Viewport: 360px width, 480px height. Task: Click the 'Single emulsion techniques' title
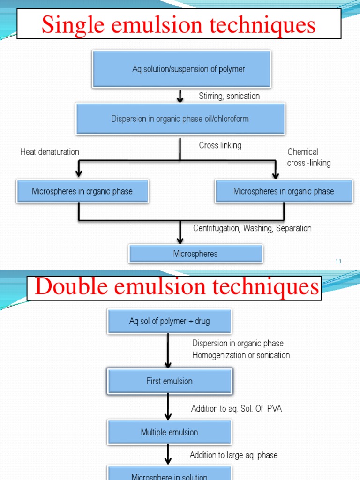pyautogui.click(x=179, y=24)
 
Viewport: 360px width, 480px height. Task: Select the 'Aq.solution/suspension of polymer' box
pyautogui.click(x=182, y=69)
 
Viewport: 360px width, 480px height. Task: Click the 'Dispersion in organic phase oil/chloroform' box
pyautogui.click(x=180, y=119)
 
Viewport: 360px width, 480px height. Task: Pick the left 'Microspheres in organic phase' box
pyautogui.click(x=82, y=191)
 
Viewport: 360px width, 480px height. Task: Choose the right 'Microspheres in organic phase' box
pyautogui.click(x=284, y=191)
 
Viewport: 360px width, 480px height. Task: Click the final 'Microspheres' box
pyautogui.click(x=195, y=254)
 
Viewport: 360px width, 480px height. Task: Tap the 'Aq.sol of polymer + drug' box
pyautogui.click(x=169, y=321)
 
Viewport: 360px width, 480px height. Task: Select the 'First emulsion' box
pyautogui.click(x=169, y=381)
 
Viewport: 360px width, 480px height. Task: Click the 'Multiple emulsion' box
pyautogui.click(x=169, y=432)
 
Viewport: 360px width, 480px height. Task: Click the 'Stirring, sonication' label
pyautogui.click(x=229, y=96)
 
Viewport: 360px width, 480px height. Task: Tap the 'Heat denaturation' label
pyautogui.click(x=50, y=152)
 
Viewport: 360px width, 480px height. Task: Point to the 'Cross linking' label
pyautogui.click(x=220, y=145)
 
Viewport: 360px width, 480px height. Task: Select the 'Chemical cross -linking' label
pyautogui.click(x=308, y=157)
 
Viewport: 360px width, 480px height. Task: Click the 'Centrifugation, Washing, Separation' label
pyautogui.click(x=252, y=228)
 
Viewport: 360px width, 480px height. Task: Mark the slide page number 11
pyautogui.click(x=338, y=262)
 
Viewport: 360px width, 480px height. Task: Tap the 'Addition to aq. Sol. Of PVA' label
pyautogui.click(x=236, y=409)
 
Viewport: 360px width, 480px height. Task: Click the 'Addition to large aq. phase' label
pyautogui.click(x=233, y=455)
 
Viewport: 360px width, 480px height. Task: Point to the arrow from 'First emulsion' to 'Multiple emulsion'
pyautogui.click(x=168, y=406)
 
